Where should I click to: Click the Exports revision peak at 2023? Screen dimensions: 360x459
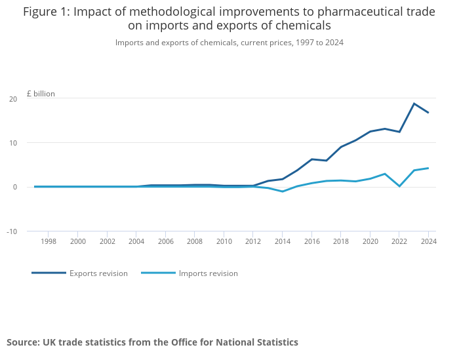414,104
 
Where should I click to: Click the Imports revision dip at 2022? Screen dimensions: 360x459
399,186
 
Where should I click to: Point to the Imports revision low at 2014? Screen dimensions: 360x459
282,191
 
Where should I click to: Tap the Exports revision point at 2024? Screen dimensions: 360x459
428,113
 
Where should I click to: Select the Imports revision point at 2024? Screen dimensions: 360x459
428,168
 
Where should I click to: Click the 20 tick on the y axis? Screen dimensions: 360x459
12,99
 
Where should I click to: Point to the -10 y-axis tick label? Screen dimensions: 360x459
11,231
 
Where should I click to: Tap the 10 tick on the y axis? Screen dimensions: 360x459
12,143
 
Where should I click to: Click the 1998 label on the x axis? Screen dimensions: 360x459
49,241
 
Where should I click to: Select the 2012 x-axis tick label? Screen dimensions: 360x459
253,241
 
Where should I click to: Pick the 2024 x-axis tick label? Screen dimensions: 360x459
428,241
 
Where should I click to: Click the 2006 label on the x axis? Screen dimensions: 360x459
165,241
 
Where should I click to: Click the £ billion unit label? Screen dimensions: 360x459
41,94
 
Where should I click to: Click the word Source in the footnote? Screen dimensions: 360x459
23,342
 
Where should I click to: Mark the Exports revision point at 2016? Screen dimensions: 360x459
311,159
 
